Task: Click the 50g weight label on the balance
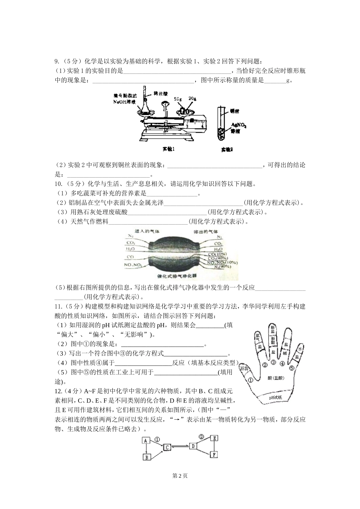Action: coord(177,99)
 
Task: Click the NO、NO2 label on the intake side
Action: coord(133,264)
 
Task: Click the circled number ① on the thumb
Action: coord(250,379)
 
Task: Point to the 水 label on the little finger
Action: coord(299,349)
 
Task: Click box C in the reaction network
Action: coord(167,448)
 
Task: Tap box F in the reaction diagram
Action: coord(214,454)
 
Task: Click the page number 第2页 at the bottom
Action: coord(180,476)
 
